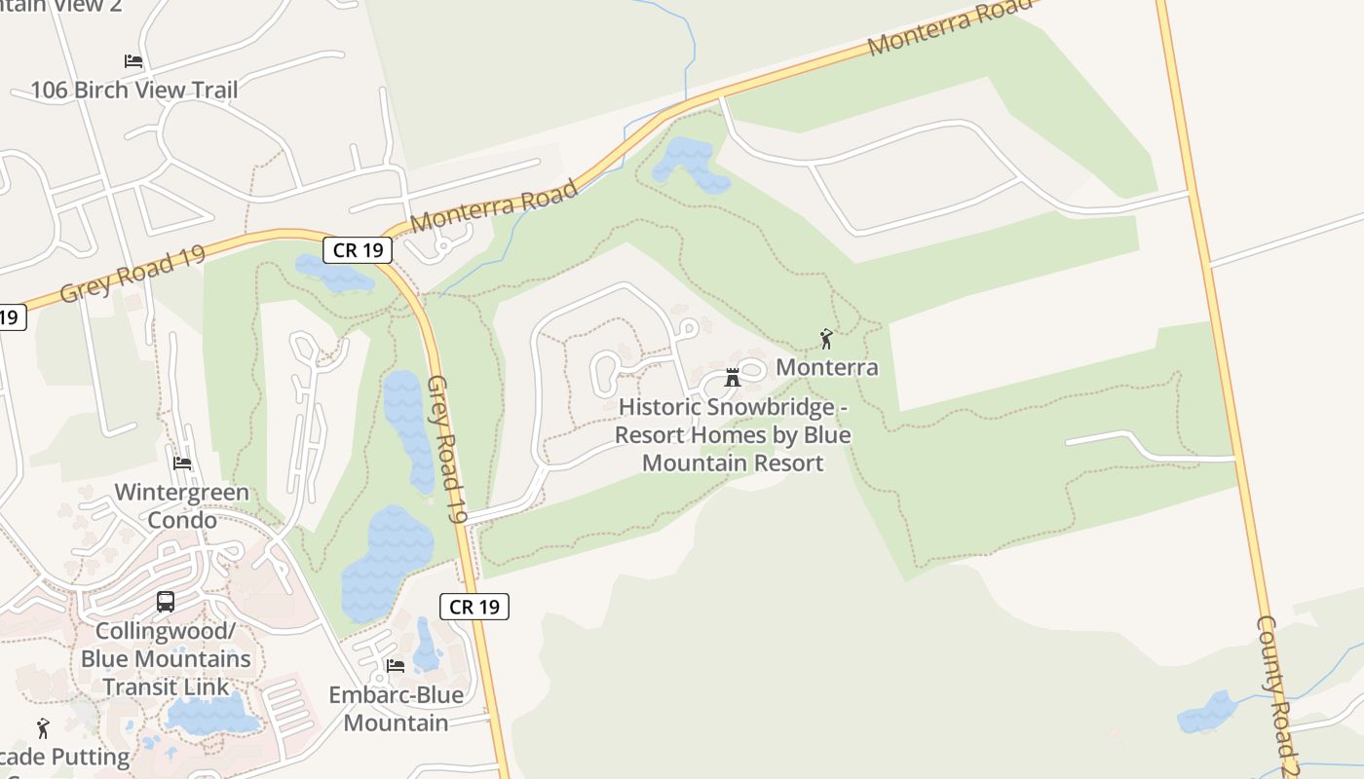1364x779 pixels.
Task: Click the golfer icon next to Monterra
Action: pos(826,340)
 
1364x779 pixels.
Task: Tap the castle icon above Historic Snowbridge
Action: pos(733,378)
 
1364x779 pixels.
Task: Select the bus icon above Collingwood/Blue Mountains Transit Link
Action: pos(166,602)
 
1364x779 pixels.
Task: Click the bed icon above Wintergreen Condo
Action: pos(182,464)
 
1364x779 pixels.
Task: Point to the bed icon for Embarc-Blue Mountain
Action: pos(396,666)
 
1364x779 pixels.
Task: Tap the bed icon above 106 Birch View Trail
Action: pos(133,60)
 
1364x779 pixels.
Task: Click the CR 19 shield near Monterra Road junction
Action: pos(358,250)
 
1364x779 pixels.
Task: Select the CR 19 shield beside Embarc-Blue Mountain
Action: pos(474,607)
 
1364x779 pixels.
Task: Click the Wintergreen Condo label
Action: pos(182,506)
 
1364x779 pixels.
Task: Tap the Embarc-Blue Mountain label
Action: pos(396,709)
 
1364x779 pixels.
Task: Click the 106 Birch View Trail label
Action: pos(133,91)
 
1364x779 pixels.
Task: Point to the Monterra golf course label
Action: pos(826,367)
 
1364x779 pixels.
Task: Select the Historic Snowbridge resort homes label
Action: pos(733,434)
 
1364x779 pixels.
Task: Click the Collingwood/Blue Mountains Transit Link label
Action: pos(166,658)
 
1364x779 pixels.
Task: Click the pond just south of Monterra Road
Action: pos(688,163)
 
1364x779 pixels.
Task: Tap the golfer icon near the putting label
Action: pos(43,728)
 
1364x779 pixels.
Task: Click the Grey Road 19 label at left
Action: pos(133,274)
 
